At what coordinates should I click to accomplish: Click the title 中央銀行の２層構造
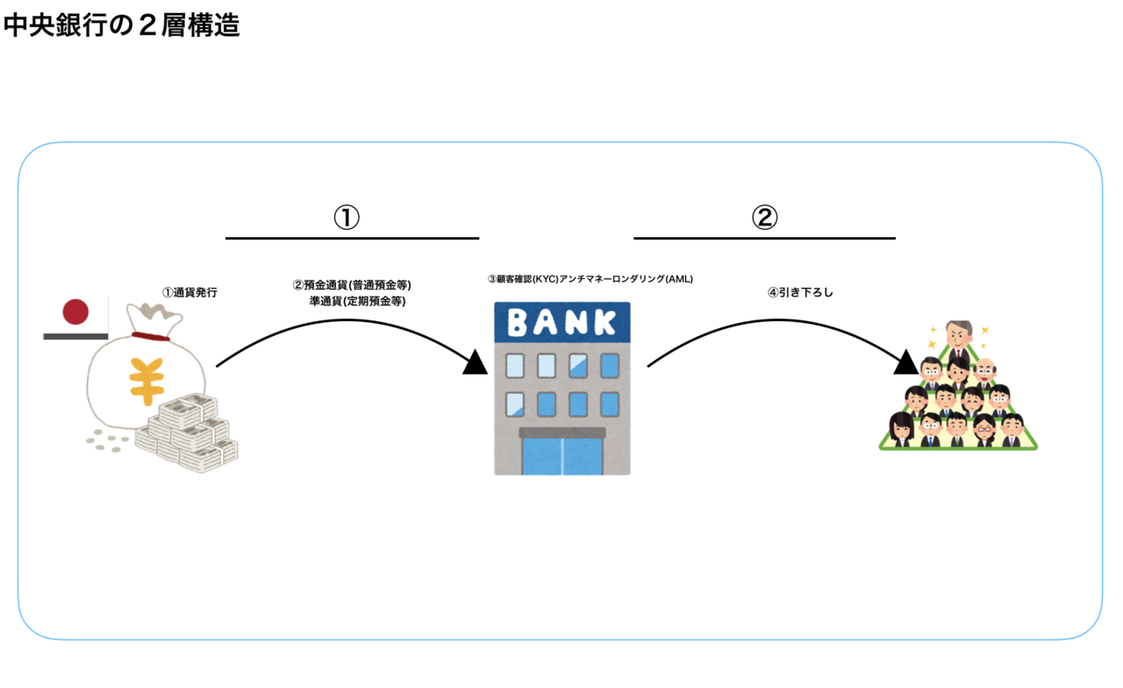(121, 25)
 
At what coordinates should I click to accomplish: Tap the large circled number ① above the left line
(347, 217)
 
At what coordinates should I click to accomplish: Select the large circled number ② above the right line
(764, 217)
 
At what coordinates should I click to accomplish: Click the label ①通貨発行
(190, 292)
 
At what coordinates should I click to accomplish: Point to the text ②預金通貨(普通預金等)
(352, 285)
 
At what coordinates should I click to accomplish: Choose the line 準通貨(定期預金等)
(357, 301)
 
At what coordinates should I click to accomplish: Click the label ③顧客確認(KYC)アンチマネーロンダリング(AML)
(590, 279)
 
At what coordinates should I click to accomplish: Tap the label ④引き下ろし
(800, 292)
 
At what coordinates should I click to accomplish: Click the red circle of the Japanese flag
(76, 312)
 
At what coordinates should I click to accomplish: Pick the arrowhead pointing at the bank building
(476, 362)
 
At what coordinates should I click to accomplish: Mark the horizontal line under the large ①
(352, 238)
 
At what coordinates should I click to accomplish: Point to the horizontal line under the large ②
(764, 238)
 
